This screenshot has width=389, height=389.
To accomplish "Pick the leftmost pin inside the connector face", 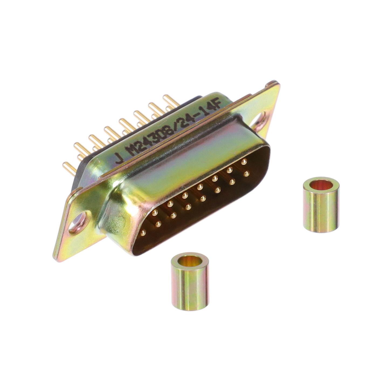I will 143,232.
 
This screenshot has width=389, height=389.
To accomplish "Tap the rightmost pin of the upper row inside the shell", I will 244,162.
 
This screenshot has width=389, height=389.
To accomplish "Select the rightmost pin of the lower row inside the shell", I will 246,174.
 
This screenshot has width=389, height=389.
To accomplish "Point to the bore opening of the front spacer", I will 190,261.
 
